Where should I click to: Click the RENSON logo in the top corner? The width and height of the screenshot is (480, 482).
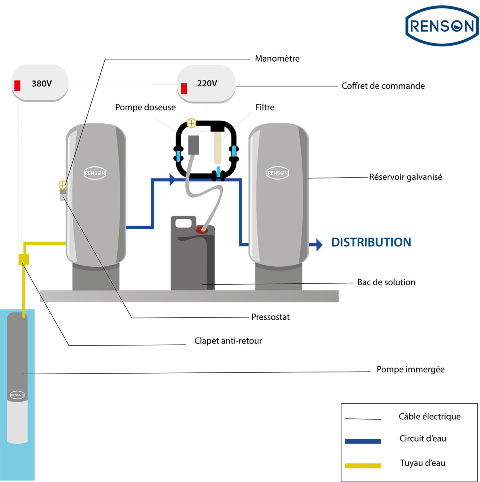pos(442,26)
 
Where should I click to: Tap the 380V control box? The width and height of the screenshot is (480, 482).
pos(40,84)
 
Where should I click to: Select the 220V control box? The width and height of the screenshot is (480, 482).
pos(206,84)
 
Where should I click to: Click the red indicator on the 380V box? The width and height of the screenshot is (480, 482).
pos(17,85)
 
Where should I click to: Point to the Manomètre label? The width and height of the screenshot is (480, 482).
pos(277,59)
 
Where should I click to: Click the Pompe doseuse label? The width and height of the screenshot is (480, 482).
pos(145,107)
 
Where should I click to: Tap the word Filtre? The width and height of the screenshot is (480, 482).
pos(265,107)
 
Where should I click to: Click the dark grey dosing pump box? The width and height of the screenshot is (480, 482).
pos(194,145)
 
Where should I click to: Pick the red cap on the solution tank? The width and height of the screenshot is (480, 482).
pos(202,230)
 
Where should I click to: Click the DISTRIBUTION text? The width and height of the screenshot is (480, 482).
pos(371,242)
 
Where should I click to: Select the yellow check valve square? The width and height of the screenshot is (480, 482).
pos(24,259)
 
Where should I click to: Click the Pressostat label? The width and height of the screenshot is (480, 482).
pos(270,317)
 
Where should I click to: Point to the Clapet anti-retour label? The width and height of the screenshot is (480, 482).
pos(228,341)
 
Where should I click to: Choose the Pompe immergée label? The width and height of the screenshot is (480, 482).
pos(410,370)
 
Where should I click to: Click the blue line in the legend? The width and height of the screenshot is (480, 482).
pos(363,441)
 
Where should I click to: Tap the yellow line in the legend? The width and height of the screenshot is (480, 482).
pos(363,466)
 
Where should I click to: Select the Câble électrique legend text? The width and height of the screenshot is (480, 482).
pos(430,417)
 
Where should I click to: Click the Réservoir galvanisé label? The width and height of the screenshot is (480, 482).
pos(406,177)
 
